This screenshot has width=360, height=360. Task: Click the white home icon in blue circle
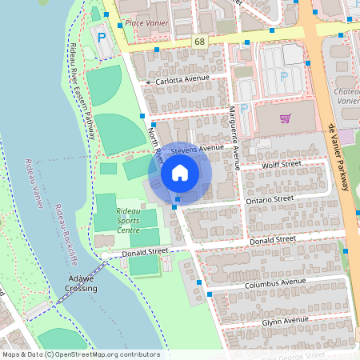coord(180,172)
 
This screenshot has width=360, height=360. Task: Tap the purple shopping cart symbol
coord(285,118)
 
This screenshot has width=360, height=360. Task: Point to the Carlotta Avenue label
coord(181,81)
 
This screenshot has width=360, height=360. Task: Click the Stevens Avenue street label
coord(197,148)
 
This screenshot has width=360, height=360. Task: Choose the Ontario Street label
coord(270,198)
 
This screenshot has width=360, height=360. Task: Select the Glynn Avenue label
coord(285,321)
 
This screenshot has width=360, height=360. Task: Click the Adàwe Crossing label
coord(82,284)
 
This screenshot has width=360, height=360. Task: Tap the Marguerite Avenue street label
coord(234,136)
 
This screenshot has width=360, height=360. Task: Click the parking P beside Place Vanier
coord(102,37)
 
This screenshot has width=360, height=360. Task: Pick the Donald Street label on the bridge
coord(145,252)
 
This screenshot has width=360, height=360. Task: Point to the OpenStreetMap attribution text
coord(81,354)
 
